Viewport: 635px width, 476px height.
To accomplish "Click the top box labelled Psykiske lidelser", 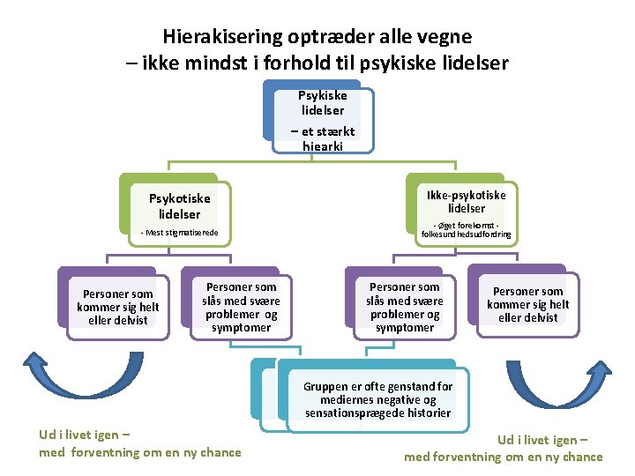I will (x=322, y=103).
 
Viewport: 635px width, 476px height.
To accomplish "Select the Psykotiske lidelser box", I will (x=179, y=206).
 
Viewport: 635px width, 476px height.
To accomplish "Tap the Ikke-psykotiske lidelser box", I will (x=466, y=202).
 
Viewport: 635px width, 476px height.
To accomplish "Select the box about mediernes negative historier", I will (x=377, y=400).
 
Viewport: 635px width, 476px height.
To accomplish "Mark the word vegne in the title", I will (x=445, y=37).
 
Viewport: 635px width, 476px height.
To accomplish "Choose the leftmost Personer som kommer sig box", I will (x=117, y=307).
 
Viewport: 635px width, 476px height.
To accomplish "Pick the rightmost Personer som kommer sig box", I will (x=527, y=305).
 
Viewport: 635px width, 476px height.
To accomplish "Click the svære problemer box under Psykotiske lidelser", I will (x=241, y=307).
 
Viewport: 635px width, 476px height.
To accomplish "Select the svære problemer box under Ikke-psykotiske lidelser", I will (x=404, y=307).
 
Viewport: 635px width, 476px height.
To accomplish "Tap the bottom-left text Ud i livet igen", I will (x=86, y=435).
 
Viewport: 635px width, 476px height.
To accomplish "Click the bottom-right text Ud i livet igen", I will (x=542, y=439).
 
